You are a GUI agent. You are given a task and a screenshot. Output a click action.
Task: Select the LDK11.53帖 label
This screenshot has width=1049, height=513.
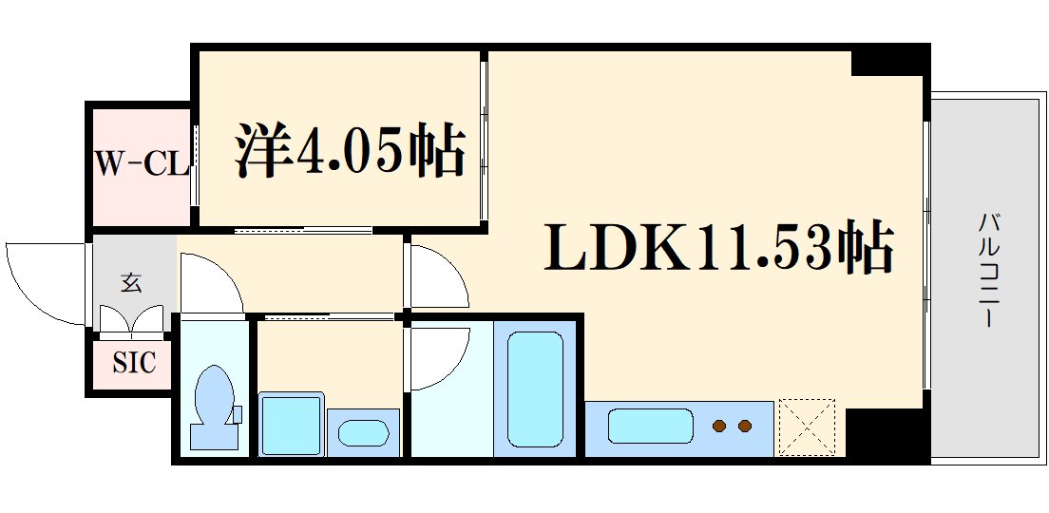click(x=718, y=248)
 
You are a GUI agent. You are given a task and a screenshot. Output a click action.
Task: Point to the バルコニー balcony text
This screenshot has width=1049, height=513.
click(x=989, y=272)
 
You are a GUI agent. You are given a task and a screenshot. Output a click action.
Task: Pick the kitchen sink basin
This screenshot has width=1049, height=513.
click(x=649, y=425)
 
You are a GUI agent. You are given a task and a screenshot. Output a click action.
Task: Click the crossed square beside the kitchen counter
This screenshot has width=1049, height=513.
click(x=807, y=427)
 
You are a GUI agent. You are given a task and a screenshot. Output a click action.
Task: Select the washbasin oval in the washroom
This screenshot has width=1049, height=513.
click(x=363, y=433)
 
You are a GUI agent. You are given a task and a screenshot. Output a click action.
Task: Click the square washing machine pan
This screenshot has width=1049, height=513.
click(x=290, y=422)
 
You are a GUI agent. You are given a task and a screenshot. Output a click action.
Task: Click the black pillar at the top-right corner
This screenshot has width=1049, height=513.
click(x=887, y=61)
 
